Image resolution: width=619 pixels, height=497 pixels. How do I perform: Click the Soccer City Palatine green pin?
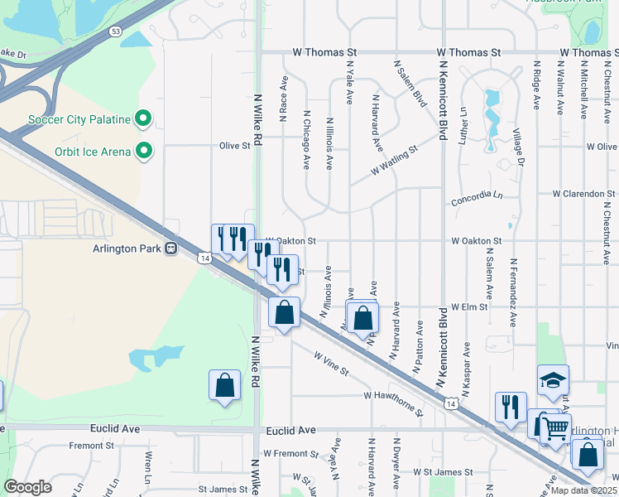(x=143, y=119)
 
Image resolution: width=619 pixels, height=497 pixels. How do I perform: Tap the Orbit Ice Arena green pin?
(x=145, y=151)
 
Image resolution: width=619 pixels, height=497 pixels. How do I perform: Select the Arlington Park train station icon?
(x=171, y=248)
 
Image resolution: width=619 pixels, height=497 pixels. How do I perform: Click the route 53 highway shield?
(x=117, y=31)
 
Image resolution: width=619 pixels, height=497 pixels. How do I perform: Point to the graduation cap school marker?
(x=553, y=380)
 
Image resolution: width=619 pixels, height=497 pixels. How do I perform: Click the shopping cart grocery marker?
(x=555, y=428)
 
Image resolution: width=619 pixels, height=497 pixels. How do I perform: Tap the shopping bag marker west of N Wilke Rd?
(x=224, y=385)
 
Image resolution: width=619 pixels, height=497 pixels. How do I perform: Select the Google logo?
(x=28, y=487)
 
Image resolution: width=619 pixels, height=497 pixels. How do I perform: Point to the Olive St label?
(x=234, y=146)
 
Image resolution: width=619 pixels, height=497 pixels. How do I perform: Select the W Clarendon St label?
(x=584, y=194)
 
